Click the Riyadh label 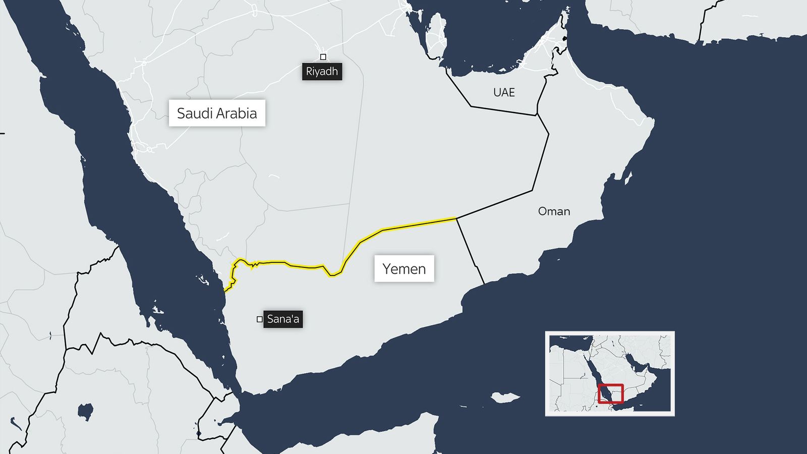(x=322, y=72)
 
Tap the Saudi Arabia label (x=217, y=113)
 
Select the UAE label (x=504, y=92)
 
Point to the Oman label (x=554, y=211)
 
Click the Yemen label (x=404, y=269)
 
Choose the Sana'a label (x=283, y=319)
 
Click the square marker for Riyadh (x=323, y=57)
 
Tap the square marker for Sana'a (x=260, y=319)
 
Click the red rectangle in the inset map (x=611, y=393)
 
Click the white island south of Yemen (x=504, y=398)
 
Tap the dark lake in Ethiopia (x=86, y=411)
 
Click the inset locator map (x=610, y=373)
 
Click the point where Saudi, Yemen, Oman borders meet (x=456, y=218)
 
